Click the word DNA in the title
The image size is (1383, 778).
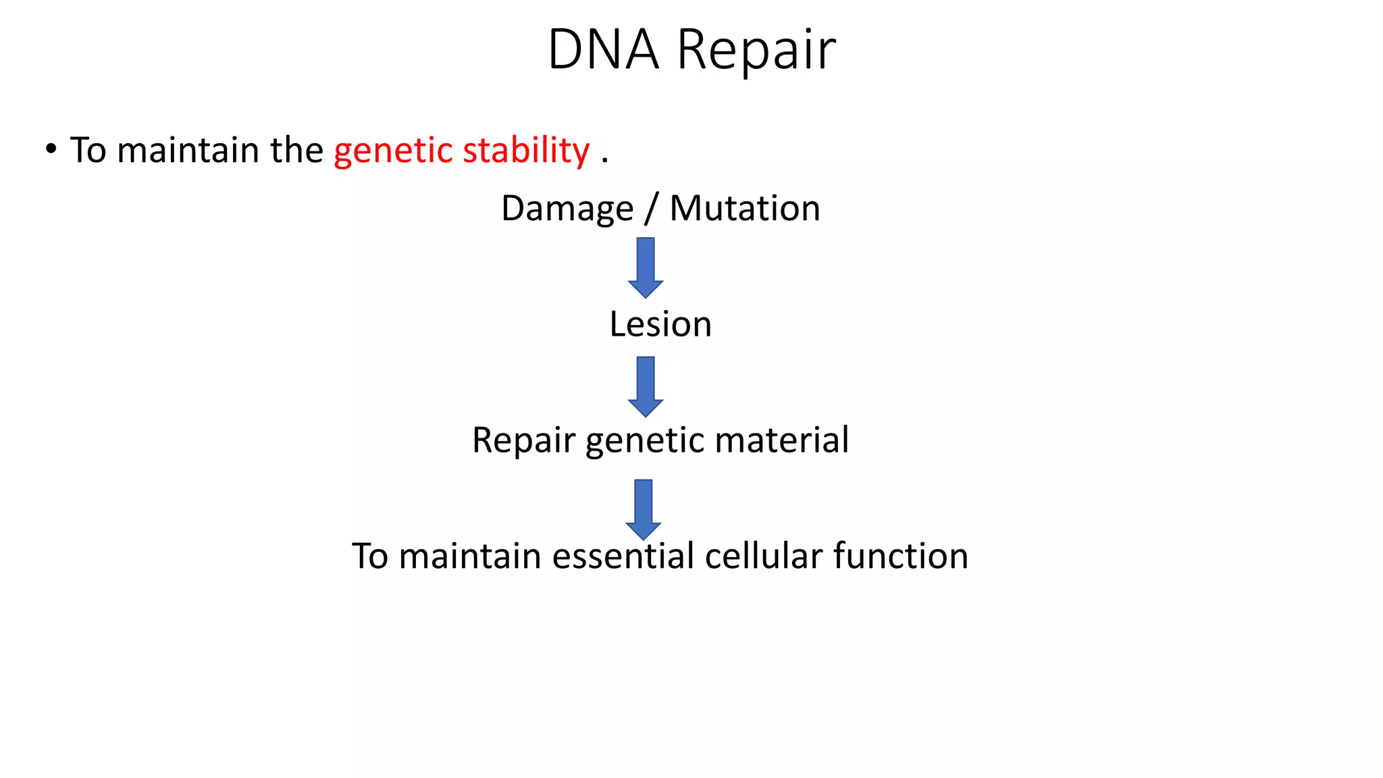pos(602,49)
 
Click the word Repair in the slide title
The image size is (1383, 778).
pos(756,51)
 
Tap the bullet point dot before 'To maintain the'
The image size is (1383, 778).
pos(51,149)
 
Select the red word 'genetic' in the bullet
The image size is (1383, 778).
pos(392,151)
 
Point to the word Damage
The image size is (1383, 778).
pos(567,209)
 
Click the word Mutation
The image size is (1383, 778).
pos(745,208)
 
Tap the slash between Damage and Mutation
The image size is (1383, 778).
pos(651,209)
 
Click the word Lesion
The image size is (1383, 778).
pos(660,324)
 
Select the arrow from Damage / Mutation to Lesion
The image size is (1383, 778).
pos(646,267)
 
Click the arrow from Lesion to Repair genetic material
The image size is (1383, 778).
pos(646,386)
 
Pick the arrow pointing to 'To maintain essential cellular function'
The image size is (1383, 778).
pos(644,509)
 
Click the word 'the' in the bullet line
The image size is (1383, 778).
pos(296,150)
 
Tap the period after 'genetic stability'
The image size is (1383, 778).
pos(604,161)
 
